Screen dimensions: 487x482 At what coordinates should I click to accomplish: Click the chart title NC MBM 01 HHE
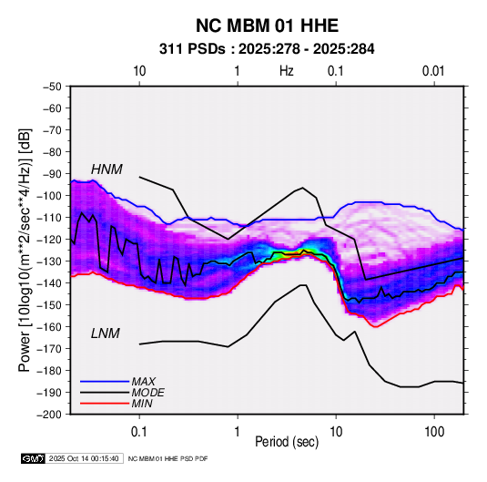[x=267, y=26]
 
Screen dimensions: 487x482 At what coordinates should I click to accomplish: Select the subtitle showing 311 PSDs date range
[x=267, y=49]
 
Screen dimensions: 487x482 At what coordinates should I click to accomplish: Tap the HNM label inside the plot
[x=107, y=169]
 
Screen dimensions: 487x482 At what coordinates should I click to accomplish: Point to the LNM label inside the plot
[x=106, y=333]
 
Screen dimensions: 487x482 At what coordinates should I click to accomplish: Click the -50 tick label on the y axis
[x=52, y=87]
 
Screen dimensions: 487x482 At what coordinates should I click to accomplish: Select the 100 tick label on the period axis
[x=434, y=432]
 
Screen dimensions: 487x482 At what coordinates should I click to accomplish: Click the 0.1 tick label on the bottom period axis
[x=139, y=432]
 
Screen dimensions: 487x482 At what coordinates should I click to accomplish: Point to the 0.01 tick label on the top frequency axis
[x=433, y=71]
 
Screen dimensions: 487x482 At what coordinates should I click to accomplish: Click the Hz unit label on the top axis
[x=287, y=71]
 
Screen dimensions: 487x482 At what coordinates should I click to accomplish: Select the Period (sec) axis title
[x=287, y=442]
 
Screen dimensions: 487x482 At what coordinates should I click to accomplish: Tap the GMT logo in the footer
[x=34, y=458]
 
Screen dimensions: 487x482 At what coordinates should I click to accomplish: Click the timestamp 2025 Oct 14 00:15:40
[x=84, y=458]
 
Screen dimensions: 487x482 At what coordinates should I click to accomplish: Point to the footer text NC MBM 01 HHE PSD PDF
[x=167, y=458]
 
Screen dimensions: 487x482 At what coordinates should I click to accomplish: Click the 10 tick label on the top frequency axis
[x=139, y=71]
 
